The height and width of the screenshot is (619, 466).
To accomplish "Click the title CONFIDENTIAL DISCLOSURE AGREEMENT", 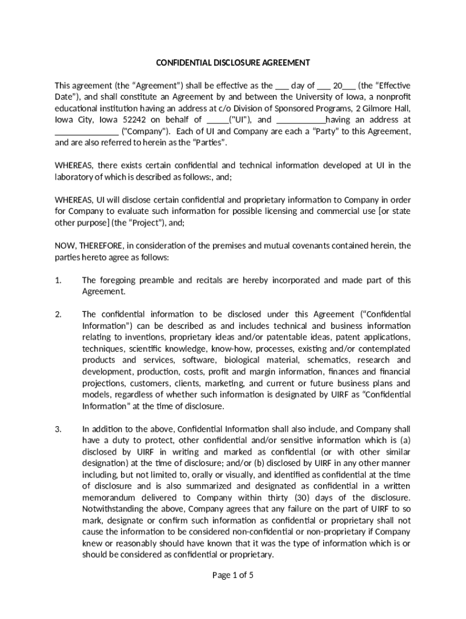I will [233, 63].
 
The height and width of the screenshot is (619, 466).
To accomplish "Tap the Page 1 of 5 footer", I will [233, 575].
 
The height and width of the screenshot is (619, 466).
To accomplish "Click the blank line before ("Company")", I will [87, 131].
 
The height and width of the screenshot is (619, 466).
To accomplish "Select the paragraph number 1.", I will [58, 280].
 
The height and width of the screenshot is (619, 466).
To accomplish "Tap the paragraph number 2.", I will [58, 314].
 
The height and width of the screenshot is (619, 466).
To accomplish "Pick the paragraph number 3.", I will [58, 429].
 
